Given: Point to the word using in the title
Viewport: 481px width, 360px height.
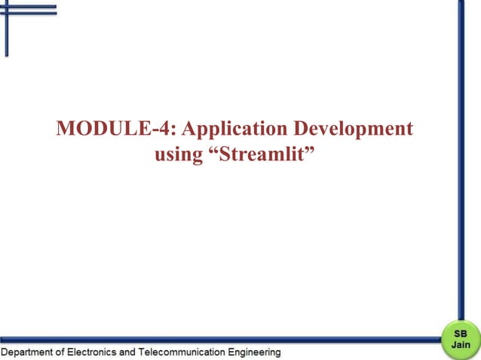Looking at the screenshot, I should click(178, 157).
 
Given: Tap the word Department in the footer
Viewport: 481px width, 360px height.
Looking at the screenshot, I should click(29, 352).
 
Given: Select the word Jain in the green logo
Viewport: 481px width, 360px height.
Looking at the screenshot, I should click(459, 343).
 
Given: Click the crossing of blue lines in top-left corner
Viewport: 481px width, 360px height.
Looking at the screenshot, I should click(7, 10).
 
